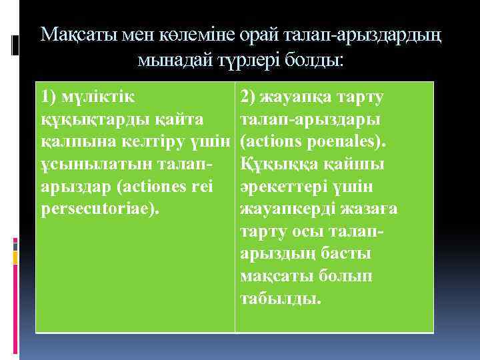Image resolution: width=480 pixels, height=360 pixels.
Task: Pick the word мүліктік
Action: pos(98,97)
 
